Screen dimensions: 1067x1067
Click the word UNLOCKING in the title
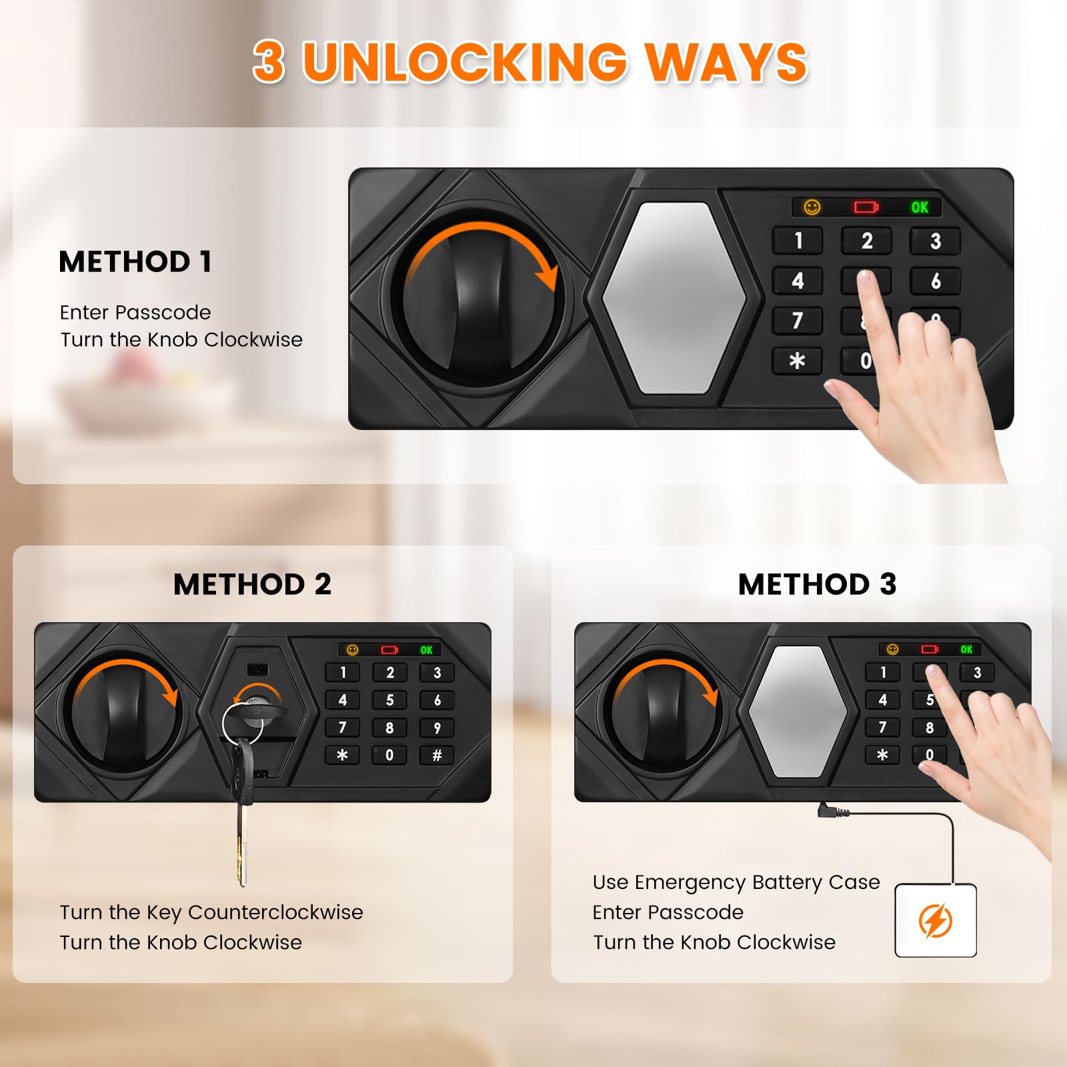[465, 62]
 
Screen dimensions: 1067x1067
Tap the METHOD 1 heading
[135, 261]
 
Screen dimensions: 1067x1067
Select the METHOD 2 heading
[252, 584]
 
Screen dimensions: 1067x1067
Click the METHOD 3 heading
[817, 584]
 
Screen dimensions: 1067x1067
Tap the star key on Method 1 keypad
[797, 361]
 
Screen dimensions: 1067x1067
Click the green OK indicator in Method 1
[920, 207]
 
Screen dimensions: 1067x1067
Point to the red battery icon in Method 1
[866, 207]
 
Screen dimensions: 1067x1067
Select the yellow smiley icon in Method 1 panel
[812, 207]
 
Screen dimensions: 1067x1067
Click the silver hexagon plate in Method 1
[674, 297]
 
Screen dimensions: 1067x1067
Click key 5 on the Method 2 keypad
[389, 700]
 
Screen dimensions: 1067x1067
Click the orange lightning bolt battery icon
[935, 921]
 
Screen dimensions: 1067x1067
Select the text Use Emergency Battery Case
[736, 882]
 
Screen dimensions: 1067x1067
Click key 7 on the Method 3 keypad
[882, 728]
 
